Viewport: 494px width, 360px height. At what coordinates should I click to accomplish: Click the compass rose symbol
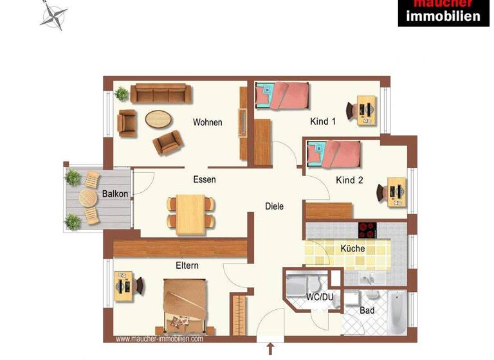[x=54, y=16]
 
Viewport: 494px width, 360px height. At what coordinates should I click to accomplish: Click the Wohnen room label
[x=208, y=122]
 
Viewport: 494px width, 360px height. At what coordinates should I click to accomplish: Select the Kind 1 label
[x=323, y=122]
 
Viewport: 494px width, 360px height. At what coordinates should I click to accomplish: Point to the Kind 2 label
[x=349, y=181]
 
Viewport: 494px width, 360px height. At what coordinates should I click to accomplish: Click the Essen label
[x=205, y=179]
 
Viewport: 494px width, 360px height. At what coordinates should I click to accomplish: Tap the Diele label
[x=274, y=206]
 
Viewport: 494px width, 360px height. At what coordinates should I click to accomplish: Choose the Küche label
[x=352, y=248]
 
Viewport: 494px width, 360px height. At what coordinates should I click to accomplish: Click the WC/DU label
[x=318, y=297]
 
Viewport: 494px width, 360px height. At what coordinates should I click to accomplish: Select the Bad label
[x=367, y=310]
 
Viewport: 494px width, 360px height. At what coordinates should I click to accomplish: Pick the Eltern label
[x=187, y=265]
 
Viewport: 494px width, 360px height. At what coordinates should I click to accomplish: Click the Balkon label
[x=115, y=194]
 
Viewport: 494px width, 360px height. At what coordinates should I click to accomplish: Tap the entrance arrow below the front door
[x=270, y=349]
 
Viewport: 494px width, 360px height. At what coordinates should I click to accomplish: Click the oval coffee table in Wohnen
[x=159, y=118]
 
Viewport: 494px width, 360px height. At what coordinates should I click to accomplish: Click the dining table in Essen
[x=191, y=212]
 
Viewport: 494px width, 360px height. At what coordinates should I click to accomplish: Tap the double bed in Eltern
[x=185, y=304]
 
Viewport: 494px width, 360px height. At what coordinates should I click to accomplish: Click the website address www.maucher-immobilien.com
[x=159, y=339]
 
